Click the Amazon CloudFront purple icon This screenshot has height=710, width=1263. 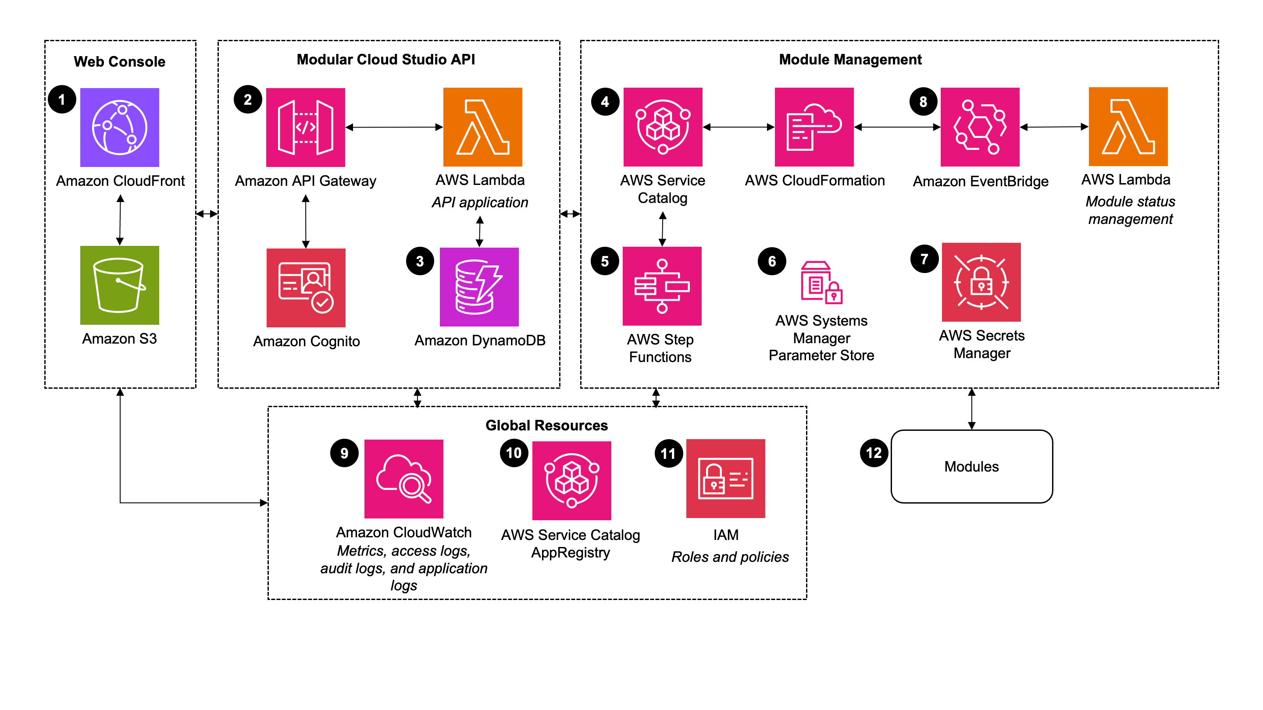click(x=119, y=128)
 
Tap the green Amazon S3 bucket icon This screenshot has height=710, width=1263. click(x=119, y=285)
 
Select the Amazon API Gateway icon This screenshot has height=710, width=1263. click(x=306, y=128)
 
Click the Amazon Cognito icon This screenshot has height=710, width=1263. click(x=306, y=288)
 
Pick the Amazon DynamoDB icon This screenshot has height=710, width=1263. click(x=479, y=287)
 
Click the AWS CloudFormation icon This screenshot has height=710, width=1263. click(x=814, y=127)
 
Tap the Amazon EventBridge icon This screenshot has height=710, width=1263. click(x=980, y=127)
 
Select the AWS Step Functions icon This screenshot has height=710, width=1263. click(x=662, y=286)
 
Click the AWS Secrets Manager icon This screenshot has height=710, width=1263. click(x=981, y=282)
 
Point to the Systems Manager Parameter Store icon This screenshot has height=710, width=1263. click(x=821, y=283)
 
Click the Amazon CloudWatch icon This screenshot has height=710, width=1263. click(x=403, y=479)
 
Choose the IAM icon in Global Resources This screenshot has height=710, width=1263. click(x=725, y=478)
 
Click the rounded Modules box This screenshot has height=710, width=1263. click(x=971, y=466)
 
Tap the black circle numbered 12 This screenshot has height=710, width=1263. click(x=874, y=453)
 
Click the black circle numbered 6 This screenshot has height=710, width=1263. click(x=772, y=261)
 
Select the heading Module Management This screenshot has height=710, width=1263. click(x=850, y=59)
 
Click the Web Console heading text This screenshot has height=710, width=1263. click(x=119, y=61)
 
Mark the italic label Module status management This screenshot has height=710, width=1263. click(x=1130, y=210)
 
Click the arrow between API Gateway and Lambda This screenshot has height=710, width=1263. click(x=394, y=128)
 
